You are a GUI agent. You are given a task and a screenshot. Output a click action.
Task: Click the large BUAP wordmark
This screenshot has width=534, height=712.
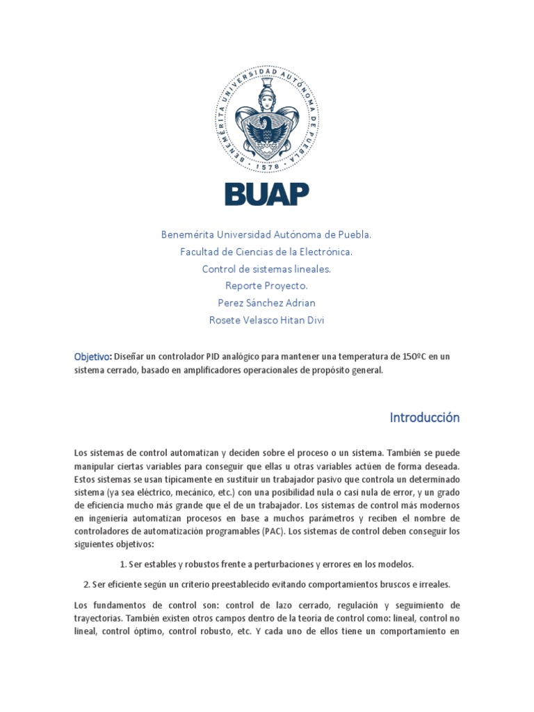[266, 194]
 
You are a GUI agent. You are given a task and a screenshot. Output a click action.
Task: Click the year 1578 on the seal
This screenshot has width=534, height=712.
[267, 167]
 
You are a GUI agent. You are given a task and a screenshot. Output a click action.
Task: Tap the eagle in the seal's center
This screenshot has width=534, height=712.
[266, 129]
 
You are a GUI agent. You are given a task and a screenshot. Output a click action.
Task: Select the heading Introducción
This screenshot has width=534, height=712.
[424, 418]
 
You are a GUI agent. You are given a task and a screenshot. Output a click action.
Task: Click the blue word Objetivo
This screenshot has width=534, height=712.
[92, 357]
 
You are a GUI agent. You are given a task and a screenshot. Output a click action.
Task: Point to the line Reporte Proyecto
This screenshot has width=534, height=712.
[266, 285]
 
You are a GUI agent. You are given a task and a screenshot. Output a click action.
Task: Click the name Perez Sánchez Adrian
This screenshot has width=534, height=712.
[266, 302]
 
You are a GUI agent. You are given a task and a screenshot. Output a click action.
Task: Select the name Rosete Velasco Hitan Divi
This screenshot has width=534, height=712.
[266, 320]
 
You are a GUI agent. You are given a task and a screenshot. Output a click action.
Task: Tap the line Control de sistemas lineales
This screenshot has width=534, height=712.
[266, 268]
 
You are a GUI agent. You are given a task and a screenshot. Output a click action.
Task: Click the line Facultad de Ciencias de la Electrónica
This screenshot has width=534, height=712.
[266, 251]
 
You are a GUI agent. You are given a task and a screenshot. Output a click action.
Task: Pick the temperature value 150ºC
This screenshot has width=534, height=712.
[415, 357]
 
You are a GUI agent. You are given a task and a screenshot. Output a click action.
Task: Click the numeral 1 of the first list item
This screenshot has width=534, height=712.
[122, 564]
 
